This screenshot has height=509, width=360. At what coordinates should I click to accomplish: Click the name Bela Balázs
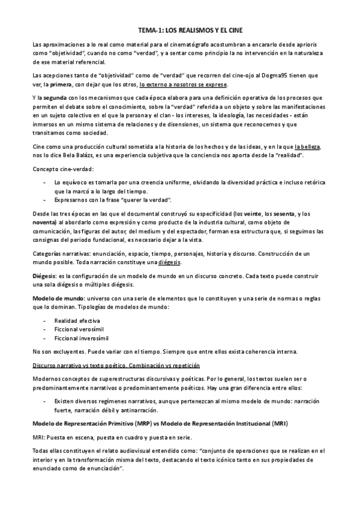pos(85,155)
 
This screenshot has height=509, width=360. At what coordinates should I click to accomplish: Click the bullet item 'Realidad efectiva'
pos(77,321)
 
